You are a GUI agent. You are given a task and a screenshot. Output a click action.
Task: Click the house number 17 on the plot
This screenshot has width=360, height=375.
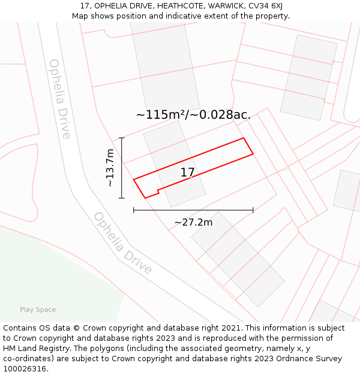[x=187, y=173]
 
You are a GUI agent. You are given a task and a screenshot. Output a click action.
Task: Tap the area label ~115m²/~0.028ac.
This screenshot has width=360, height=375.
[x=193, y=115]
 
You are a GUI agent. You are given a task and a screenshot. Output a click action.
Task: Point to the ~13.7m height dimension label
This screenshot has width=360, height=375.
[x=110, y=168]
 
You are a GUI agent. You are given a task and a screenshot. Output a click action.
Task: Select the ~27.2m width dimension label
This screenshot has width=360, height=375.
[x=193, y=223]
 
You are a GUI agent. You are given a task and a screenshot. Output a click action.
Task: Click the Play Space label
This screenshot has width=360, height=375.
[x=38, y=310]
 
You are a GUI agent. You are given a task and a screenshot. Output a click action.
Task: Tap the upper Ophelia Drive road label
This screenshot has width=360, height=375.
[x=59, y=99]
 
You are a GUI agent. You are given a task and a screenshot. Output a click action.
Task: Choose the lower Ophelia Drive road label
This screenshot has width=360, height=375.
[x=122, y=243]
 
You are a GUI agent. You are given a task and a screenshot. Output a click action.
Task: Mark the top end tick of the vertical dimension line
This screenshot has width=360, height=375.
[x=122, y=138]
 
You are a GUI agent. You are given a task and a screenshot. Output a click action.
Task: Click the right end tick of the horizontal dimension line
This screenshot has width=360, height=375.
[x=253, y=210]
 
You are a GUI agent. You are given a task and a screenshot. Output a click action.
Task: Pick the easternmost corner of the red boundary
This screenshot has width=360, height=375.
[x=253, y=154]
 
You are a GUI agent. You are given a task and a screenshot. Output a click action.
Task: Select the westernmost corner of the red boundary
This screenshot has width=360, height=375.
[x=133, y=179]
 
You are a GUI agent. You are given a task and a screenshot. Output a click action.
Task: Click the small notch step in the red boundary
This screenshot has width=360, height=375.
[x=158, y=192]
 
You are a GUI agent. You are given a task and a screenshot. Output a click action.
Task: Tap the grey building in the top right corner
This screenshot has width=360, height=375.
[x=308, y=77]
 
